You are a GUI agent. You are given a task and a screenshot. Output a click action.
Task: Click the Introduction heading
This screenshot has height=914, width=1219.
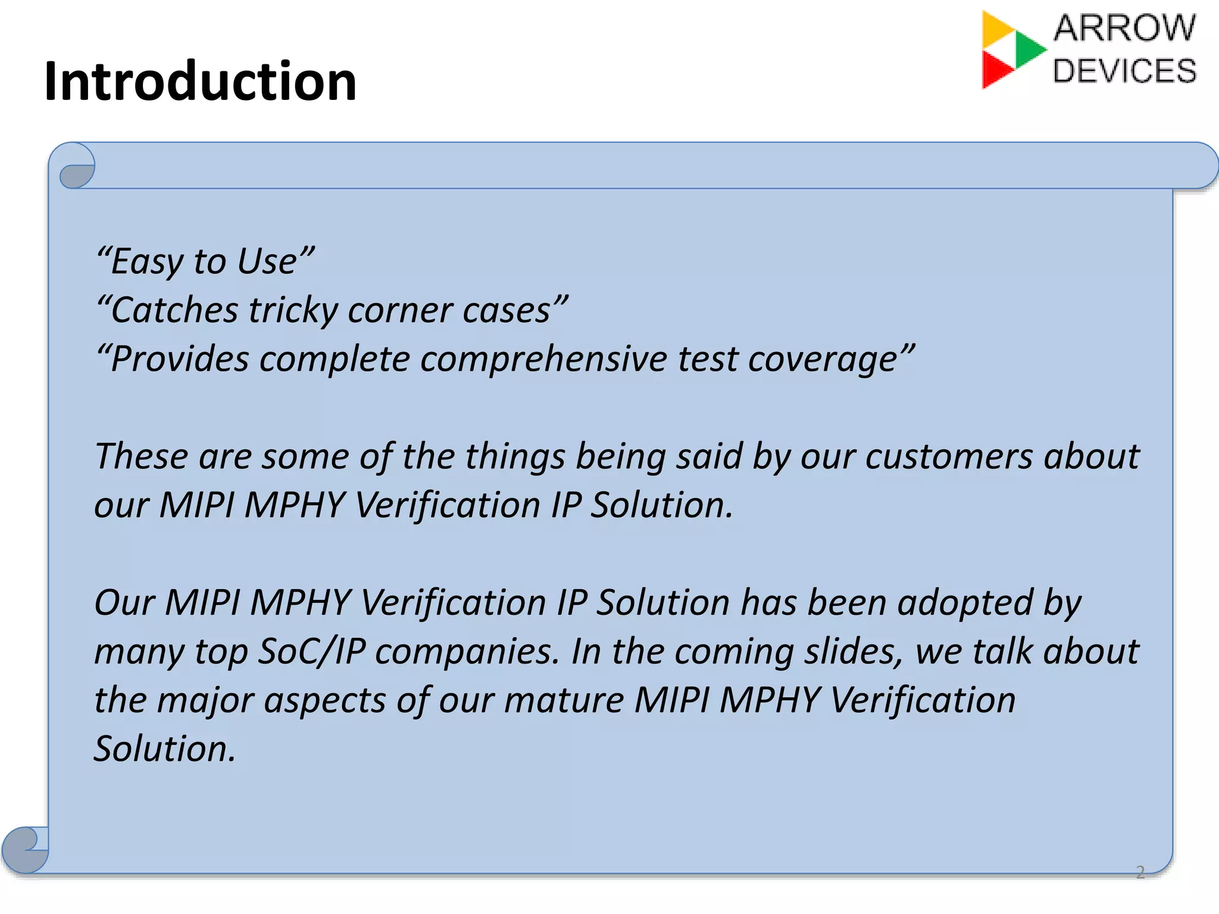200,82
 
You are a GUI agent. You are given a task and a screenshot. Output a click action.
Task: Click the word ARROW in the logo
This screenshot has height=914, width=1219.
1124,28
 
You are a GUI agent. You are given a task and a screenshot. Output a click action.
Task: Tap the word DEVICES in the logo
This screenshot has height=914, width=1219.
1124,71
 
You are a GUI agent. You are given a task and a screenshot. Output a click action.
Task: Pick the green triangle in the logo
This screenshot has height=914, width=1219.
1029,49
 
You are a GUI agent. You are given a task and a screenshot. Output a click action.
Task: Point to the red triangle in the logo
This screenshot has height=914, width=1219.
995,70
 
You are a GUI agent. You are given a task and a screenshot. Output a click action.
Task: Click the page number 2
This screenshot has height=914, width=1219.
1140,872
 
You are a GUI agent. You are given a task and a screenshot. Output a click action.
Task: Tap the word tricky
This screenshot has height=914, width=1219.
293,311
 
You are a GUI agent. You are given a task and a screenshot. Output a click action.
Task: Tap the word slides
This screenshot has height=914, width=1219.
853,652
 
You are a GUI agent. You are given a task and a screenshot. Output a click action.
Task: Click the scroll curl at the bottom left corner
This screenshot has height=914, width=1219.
25,850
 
